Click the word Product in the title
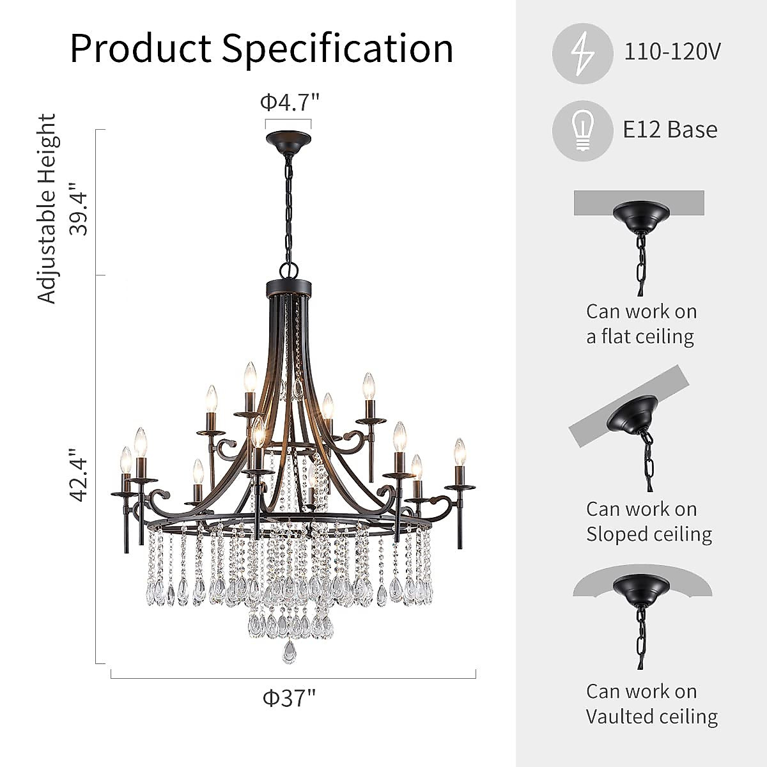pos(140,49)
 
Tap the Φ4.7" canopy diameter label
pos(289,102)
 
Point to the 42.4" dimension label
pos(79,474)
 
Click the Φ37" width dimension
pos(290,697)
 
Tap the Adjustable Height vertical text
pos(47,208)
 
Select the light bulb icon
pos(582,130)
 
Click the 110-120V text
pos(673,51)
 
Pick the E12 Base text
pos(670,130)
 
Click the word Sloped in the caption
pos(618,534)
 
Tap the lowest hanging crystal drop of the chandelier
pos(290,653)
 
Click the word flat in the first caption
pos(616,336)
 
